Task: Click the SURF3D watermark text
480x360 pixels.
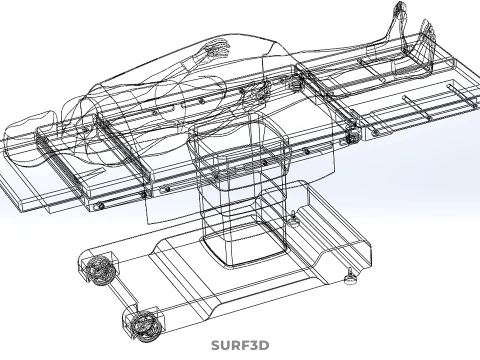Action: [x=240, y=346]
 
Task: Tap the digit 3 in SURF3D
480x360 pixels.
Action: [x=253, y=346]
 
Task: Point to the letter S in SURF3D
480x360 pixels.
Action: [x=216, y=346]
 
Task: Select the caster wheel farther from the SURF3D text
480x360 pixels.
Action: [x=99, y=269]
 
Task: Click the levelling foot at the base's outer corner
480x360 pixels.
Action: [x=350, y=277]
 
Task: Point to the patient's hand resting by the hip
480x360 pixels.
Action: [x=258, y=91]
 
